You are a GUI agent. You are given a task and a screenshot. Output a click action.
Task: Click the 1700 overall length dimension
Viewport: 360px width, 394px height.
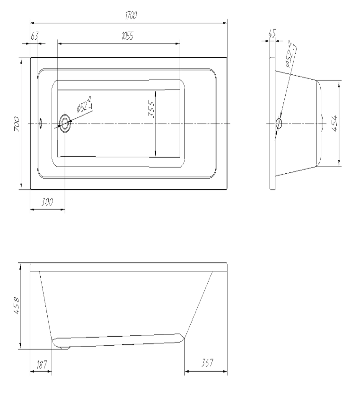click(131, 16)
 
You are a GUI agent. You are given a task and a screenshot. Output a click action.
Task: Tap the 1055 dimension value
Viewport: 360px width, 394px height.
click(127, 37)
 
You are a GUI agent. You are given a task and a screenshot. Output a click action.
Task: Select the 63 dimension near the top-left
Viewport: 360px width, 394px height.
click(34, 36)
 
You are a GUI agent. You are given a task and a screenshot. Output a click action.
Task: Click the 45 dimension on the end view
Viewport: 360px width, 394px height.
click(271, 34)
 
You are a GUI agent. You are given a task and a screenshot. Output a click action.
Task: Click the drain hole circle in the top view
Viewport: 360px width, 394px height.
click(65, 124)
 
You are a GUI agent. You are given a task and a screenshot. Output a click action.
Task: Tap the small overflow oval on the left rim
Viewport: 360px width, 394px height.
click(41, 124)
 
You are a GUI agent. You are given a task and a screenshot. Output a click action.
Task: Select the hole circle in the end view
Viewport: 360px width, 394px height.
click(279, 124)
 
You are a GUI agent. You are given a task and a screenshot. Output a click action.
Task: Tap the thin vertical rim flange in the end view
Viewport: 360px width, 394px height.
click(272, 124)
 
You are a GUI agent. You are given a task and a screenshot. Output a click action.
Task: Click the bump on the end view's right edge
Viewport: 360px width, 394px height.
click(321, 124)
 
